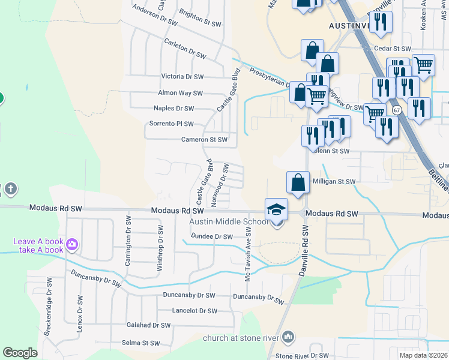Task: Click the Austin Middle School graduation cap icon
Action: tap(277, 209)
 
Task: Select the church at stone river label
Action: tap(240, 338)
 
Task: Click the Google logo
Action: tap(20, 353)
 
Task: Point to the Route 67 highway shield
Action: tap(397, 110)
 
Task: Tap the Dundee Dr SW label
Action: tap(211, 236)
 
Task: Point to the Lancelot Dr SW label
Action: tap(194, 311)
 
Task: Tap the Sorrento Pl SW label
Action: tap(172, 124)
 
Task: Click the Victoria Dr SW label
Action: tap(182, 77)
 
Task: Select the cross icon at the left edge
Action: tap(10, 190)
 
